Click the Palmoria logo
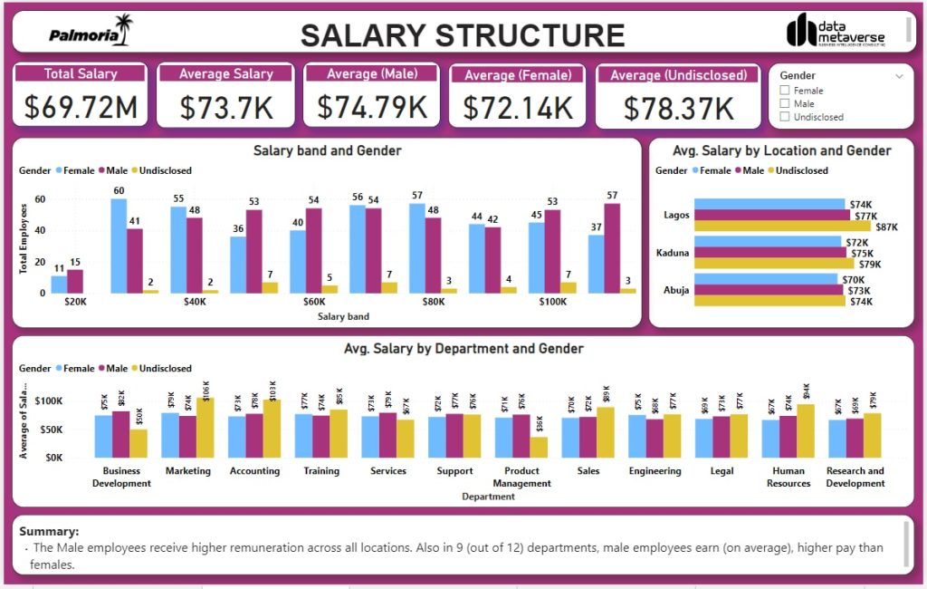(90, 34)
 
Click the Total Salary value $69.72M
(81, 107)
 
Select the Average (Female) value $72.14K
(518, 108)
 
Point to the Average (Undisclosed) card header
(678, 75)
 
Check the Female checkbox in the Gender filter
(785, 91)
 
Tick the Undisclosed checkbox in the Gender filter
(785, 117)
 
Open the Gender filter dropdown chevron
(899, 76)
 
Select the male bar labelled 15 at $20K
(75, 281)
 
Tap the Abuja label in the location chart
(676, 291)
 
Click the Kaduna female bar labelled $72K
(768, 243)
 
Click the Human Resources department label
(788, 477)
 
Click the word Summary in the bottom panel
(49, 532)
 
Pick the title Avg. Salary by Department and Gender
(463, 348)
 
